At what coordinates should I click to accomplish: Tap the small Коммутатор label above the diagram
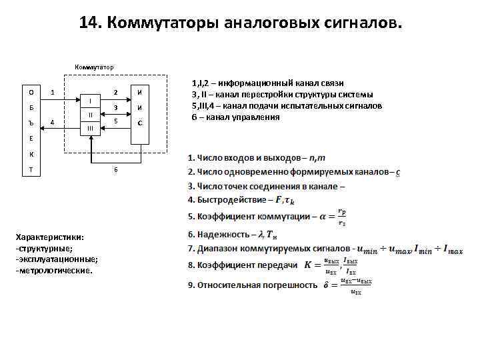94,67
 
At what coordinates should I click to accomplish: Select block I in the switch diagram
90,101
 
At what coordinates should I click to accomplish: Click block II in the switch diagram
90,114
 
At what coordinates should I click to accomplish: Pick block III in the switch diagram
90,127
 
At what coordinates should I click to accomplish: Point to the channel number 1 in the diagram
53,92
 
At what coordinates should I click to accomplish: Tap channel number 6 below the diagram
115,169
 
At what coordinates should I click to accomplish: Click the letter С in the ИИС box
140,123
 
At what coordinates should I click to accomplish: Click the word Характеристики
49,237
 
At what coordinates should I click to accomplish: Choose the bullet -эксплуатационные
57,259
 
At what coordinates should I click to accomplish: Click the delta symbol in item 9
325,285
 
